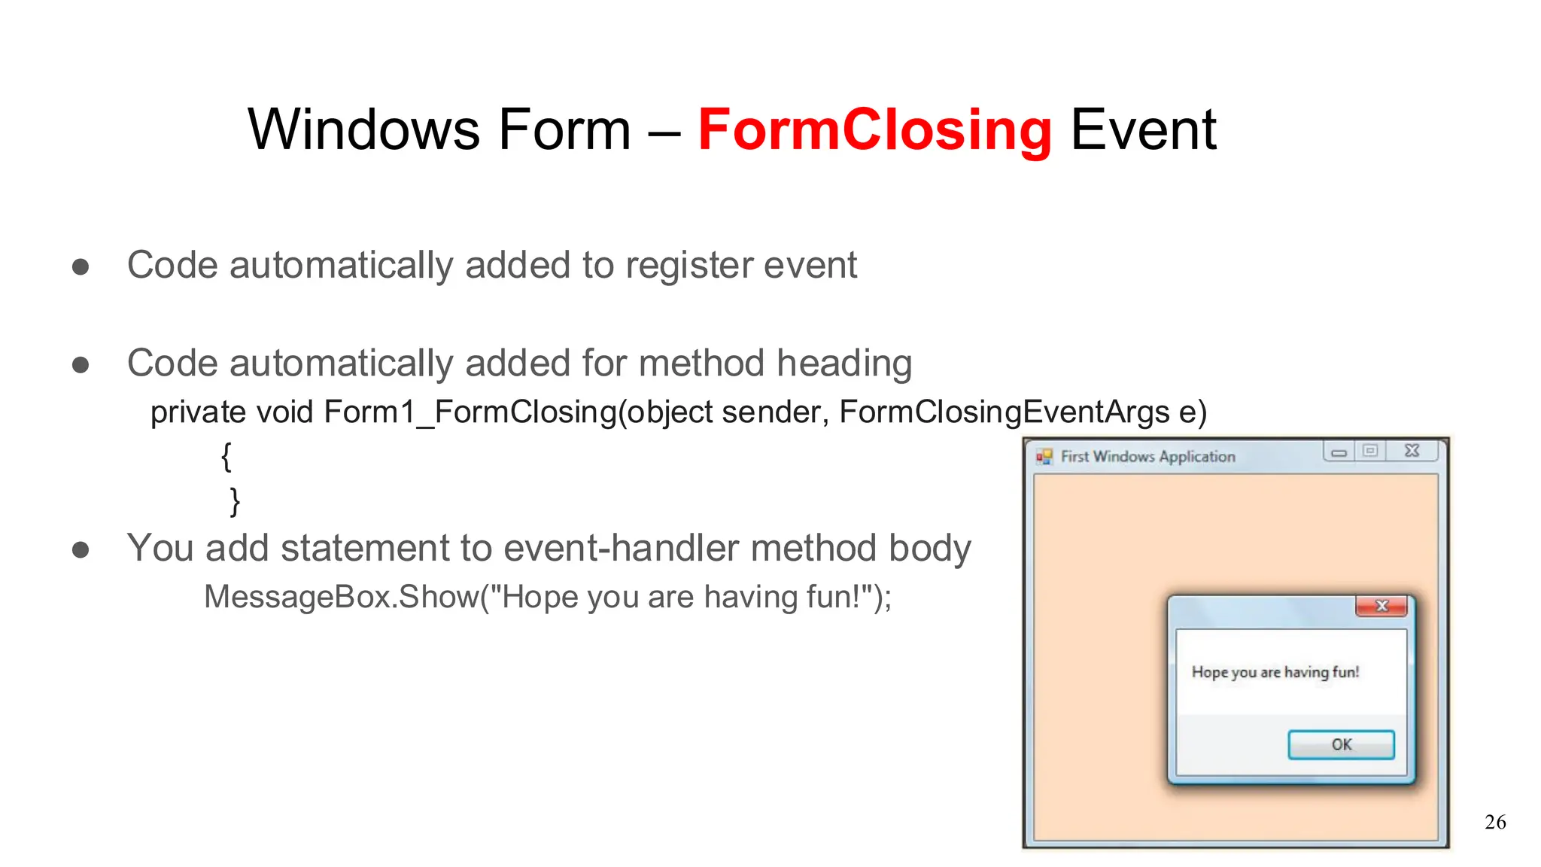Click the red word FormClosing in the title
[874, 130]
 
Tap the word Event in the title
[1142, 130]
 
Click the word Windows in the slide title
[364, 130]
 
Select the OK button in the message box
[1341, 744]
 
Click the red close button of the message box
[1381, 606]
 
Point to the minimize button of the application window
[1339, 452]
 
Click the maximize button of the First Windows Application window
[1370, 451]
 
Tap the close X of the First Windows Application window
[1412, 451]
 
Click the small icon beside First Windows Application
[1044, 457]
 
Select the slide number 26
[1495, 822]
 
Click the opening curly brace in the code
[226, 456]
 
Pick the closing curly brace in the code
[235, 501]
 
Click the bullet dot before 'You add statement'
[81, 550]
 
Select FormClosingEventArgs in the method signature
[1005, 412]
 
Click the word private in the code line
[198, 412]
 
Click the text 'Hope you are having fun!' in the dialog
[1275, 672]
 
